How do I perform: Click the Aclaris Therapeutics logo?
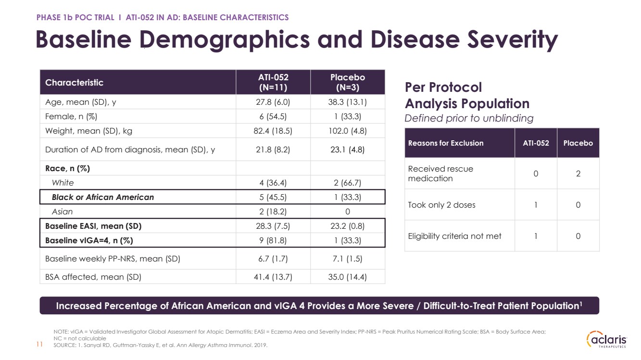coord(606,339)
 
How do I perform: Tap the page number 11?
coord(39,344)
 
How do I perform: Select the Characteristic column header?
coord(74,83)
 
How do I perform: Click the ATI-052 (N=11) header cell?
coord(273,82)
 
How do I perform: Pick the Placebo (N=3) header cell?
coord(348,82)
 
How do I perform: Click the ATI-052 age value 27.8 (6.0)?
coord(273,102)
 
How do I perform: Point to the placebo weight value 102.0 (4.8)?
coord(347,131)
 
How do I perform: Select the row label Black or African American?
coord(103,197)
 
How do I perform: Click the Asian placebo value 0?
coord(348,211)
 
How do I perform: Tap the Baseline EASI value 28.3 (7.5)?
coord(273,226)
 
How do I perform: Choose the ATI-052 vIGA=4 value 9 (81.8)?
coord(273,240)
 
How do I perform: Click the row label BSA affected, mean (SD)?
coord(93,277)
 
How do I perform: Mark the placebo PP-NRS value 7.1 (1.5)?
coord(347,259)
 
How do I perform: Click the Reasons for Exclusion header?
coord(446,143)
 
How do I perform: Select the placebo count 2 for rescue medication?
coord(578,174)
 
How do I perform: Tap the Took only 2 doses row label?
coord(441,205)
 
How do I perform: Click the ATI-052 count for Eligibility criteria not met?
coord(536,236)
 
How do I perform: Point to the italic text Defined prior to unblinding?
coord(469,118)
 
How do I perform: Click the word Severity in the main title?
coord(513,40)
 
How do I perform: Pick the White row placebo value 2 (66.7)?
coord(347,183)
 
